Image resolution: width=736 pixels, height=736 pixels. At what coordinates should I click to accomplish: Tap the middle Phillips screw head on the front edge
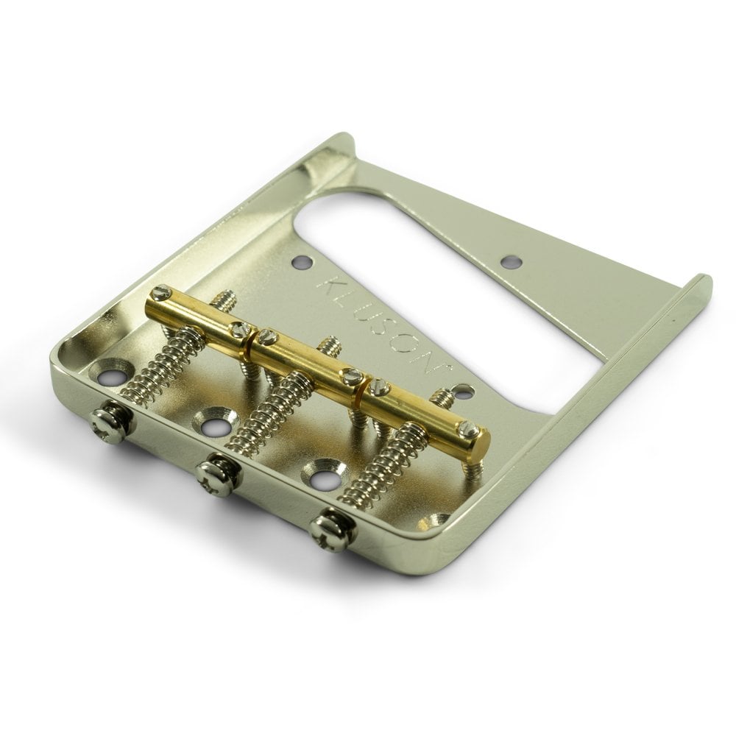pos(218,474)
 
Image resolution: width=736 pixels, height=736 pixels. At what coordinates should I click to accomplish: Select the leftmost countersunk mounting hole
pos(113,369)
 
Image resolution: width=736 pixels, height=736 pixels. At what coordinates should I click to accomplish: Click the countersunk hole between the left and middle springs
pos(213,420)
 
